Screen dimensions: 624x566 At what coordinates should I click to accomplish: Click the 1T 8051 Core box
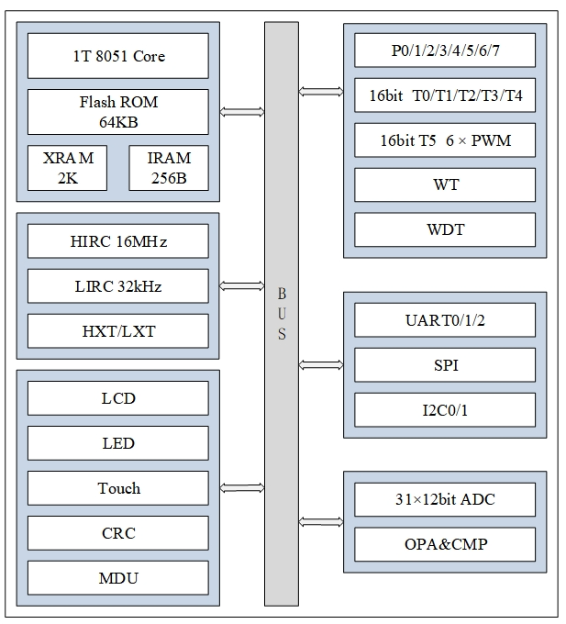pos(118,56)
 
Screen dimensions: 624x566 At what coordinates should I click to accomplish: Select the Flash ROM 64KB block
pos(118,112)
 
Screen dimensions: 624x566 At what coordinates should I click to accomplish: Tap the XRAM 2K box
pos(68,168)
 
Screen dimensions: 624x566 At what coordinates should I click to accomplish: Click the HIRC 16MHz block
pos(118,242)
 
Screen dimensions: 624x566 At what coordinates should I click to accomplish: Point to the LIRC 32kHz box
pos(118,286)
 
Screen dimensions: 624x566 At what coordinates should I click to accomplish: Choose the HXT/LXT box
pos(118,331)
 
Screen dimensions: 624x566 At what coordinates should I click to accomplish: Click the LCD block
pos(118,398)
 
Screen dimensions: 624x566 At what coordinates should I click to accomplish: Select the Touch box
pos(118,488)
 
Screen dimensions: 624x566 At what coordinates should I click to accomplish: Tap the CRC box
pos(118,533)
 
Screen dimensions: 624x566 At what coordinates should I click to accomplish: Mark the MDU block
pos(118,578)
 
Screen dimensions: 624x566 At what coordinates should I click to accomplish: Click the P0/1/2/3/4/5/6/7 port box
pos(445,50)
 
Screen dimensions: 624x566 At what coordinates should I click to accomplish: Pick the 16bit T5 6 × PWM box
pos(445,140)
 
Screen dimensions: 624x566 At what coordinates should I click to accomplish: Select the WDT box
pos(445,229)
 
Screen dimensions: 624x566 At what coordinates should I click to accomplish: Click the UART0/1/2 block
pos(445,320)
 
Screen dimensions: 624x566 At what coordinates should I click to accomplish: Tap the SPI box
pos(445,365)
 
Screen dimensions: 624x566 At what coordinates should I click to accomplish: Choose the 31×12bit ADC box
pos(445,500)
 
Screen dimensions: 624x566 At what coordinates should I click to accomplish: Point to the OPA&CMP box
pos(445,544)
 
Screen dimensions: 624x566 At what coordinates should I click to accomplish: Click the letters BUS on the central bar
pos(282,314)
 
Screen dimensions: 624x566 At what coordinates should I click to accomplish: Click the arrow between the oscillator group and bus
pos(242,287)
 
